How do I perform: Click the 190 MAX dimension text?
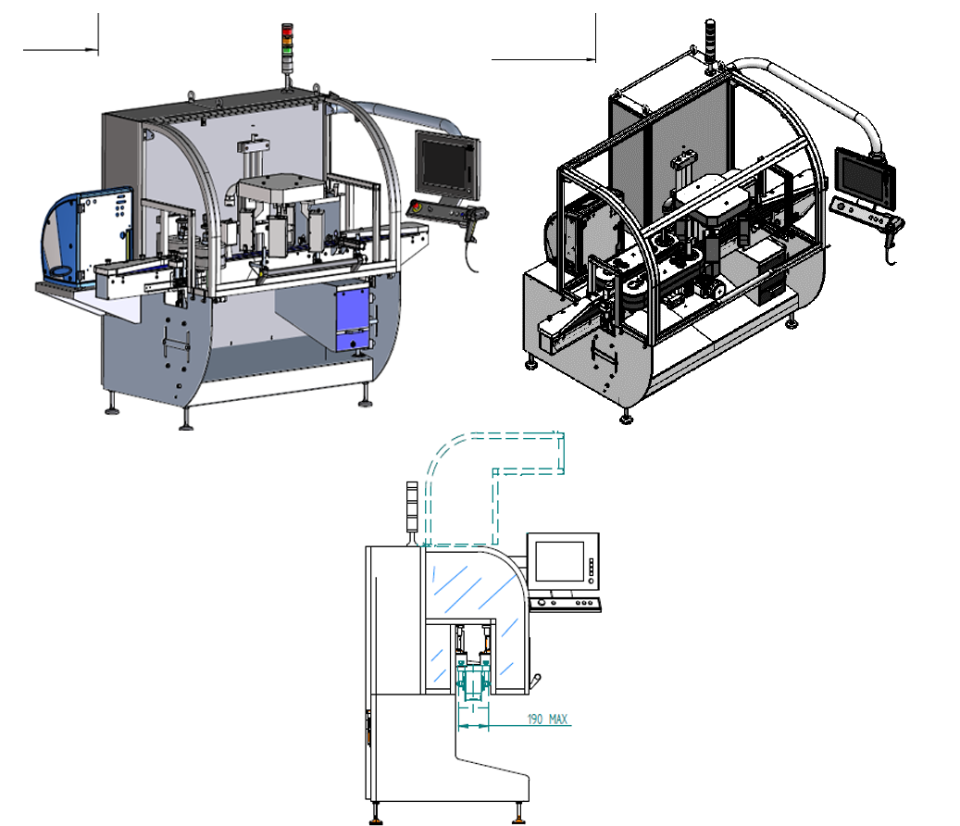(x=547, y=719)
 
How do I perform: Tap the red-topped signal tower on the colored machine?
(x=287, y=48)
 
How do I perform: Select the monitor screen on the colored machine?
(x=447, y=165)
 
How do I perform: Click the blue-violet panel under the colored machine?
(x=354, y=318)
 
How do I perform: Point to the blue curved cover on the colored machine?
(x=86, y=236)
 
